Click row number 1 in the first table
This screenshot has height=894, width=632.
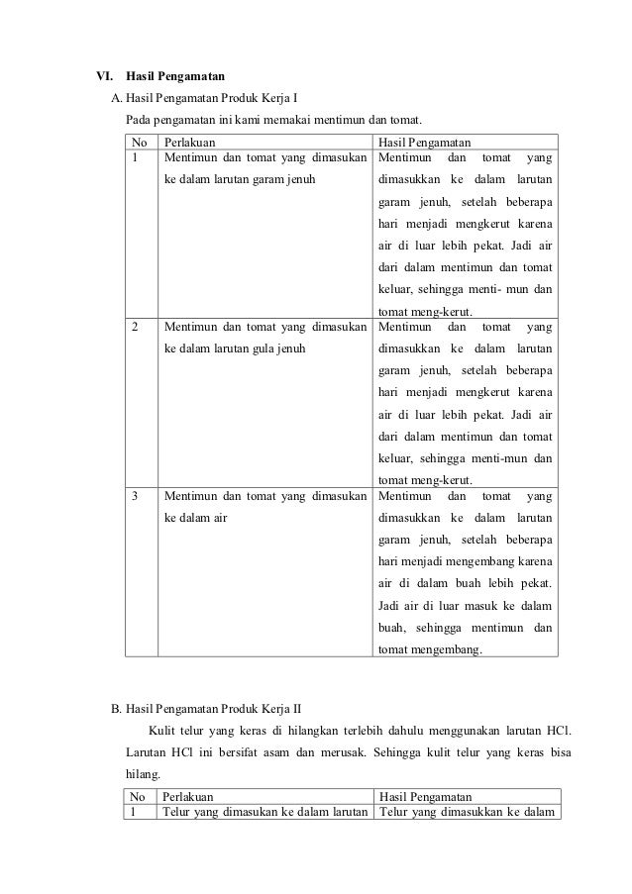click(x=136, y=157)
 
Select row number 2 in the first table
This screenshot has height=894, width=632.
click(x=136, y=326)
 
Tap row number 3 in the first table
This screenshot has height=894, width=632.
click(x=136, y=495)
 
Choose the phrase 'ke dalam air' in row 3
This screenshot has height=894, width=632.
click(x=194, y=518)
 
